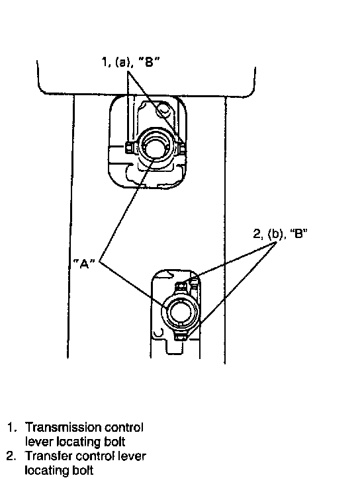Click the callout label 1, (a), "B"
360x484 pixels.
[x=131, y=62]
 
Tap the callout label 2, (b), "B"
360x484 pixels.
[x=281, y=233]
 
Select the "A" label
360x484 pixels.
[x=84, y=263]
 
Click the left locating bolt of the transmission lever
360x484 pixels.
[x=129, y=147]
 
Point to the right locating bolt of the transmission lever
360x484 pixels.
[x=183, y=148]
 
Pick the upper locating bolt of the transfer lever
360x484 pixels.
[x=181, y=287]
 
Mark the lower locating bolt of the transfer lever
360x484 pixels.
[x=181, y=337]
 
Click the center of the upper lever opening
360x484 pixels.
[x=154, y=148]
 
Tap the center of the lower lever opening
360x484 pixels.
[x=180, y=311]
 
